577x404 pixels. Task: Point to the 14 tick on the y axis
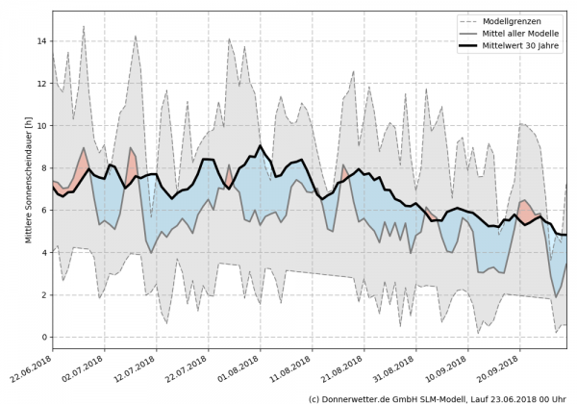40,41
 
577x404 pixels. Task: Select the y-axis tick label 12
40,84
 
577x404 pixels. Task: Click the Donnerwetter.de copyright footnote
437,397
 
